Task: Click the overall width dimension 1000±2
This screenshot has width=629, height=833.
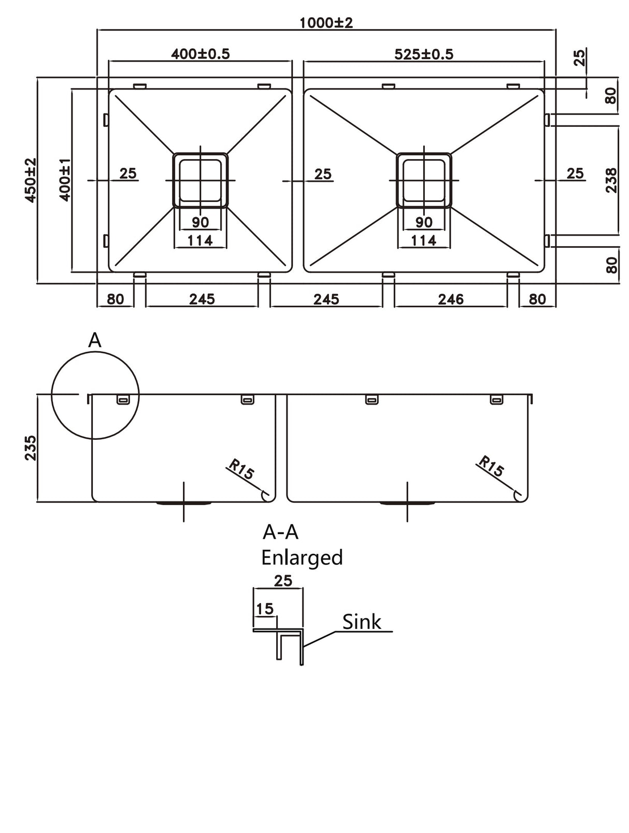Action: (326, 23)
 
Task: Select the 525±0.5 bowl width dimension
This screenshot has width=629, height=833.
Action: (423, 54)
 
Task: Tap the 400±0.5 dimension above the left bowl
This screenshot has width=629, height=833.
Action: (200, 54)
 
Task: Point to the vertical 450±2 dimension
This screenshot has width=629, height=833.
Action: (31, 180)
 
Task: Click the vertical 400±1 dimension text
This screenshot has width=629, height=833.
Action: (65, 180)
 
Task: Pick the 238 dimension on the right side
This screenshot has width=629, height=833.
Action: (611, 180)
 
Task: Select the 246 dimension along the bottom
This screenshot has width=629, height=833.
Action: (451, 299)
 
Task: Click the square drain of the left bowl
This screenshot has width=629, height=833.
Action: (200, 180)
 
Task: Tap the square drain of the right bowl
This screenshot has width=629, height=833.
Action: (424, 180)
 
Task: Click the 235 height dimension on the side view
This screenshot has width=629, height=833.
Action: (30, 448)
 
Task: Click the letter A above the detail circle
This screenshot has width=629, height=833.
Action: (95, 340)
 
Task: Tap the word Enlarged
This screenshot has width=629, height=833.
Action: (302, 558)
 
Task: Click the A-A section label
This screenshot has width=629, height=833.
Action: (281, 532)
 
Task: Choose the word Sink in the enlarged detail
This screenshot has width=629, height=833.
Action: (362, 622)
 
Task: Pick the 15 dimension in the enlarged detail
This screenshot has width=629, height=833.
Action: (265, 608)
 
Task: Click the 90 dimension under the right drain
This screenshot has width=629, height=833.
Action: (424, 222)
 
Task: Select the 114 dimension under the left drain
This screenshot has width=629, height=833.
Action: (200, 240)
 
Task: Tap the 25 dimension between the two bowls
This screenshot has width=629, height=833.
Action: (323, 174)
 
